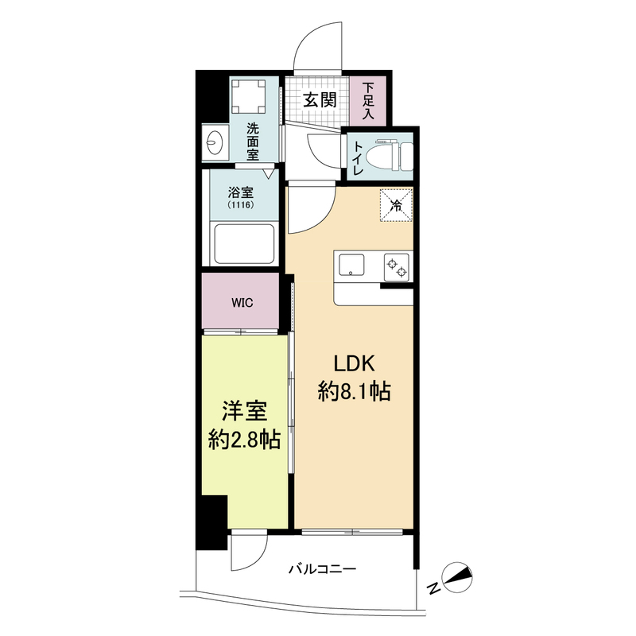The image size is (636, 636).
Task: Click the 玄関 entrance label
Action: (320, 100)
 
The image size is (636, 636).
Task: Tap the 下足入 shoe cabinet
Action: (368, 101)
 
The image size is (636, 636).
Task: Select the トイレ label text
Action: (358, 157)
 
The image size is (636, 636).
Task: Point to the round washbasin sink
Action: (215, 144)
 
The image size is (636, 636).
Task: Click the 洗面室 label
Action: (252, 142)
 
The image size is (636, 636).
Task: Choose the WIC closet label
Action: (242, 302)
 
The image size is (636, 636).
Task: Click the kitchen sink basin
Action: (351, 264)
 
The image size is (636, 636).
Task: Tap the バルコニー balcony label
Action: (322, 568)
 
